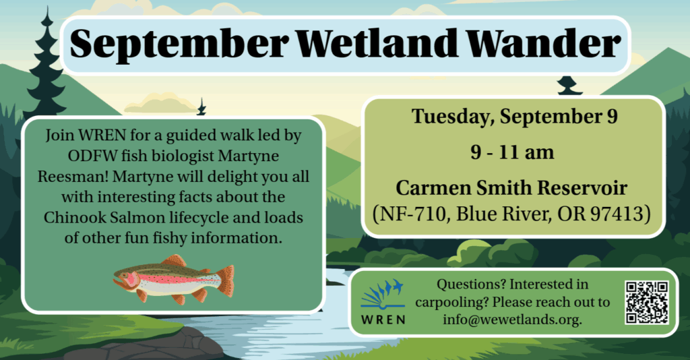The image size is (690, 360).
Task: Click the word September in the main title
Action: coord(179,44)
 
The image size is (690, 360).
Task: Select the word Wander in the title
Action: coord(543,43)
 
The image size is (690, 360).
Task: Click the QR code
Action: coord(646,302)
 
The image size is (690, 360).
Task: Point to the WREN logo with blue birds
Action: coord(383,302)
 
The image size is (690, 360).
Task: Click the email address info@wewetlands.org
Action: coord(512,319)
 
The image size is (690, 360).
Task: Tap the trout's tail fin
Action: coord(226,280)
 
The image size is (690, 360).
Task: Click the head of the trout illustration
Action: coord(125,280)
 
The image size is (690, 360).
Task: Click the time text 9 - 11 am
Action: coord(512,152)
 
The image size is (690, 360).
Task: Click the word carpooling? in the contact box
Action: coord(451,303)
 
